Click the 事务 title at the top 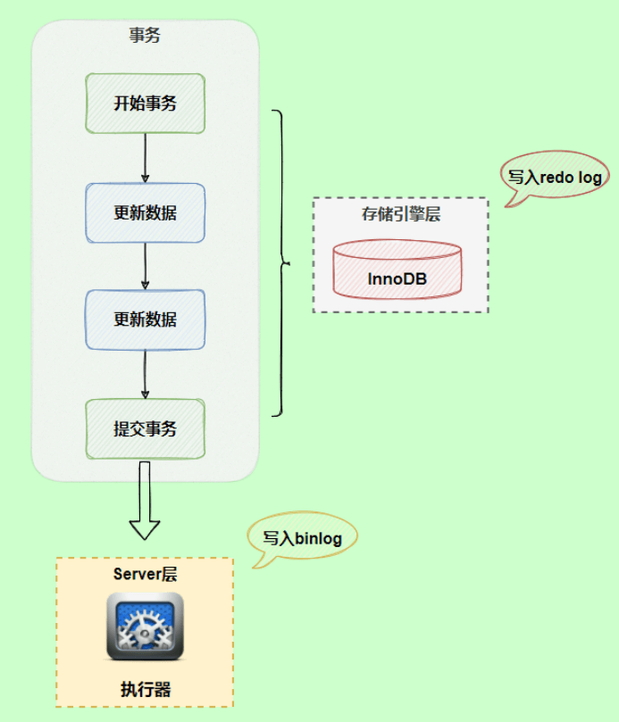[x=145, y=37]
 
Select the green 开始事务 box [x=145, y=104]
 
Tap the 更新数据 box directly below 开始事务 [x=145, y=213]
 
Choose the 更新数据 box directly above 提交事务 [x=145, y=320]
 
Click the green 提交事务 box [x=145, y=429]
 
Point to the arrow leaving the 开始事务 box [x=145, y=158]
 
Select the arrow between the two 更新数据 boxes [x=145, y=266]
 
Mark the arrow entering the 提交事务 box [x=145, y=375]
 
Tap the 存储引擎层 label [x=400, y=215]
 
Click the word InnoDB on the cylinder [x=397, y=279]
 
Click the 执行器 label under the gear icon [x=145, y=689]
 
